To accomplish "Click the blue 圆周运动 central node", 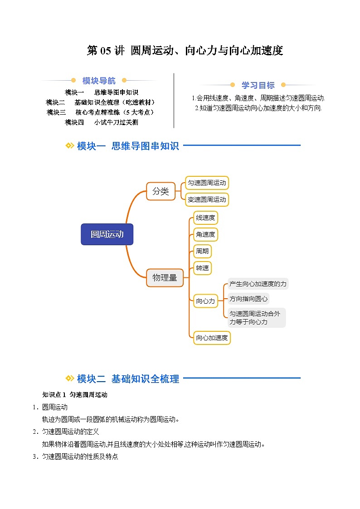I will [107, 234].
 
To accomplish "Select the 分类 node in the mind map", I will [161, 191].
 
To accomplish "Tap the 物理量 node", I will [165, 277].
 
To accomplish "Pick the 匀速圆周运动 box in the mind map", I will [207, 183].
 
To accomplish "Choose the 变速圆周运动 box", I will [207, 199].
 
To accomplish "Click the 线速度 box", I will [205, 218].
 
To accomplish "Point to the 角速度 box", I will [205, 234].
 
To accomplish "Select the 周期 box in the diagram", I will [202, 251].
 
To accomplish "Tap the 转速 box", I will [202, 268].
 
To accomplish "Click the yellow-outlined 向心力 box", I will [205, 301].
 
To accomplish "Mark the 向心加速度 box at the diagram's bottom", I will [212, 338].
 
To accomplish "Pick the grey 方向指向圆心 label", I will [248, 299].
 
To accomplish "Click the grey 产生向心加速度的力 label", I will [258, 284].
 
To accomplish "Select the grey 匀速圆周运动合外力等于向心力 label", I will [257, 318].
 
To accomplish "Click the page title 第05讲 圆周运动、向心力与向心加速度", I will [185, 51].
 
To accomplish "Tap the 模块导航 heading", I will [99, 81].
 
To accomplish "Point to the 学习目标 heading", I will [258, 85].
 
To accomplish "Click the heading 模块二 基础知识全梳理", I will [128, 379].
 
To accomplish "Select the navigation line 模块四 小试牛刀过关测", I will [101, 122].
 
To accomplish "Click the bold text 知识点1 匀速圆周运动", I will [75, 395].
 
